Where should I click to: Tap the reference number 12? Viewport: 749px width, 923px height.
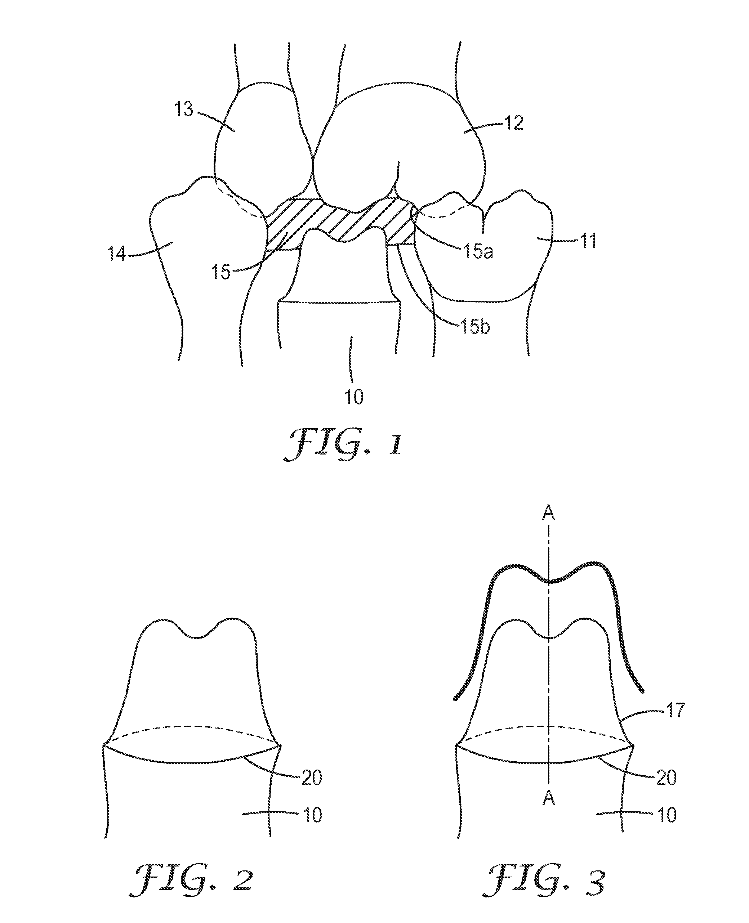513,124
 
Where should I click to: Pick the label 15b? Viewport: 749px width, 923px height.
475,327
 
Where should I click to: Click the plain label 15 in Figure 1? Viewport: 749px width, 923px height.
220,273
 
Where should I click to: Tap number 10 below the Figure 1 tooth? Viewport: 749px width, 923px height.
354,397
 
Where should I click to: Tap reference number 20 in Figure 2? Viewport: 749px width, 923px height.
312,777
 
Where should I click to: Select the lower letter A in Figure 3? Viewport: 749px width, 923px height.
548,799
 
